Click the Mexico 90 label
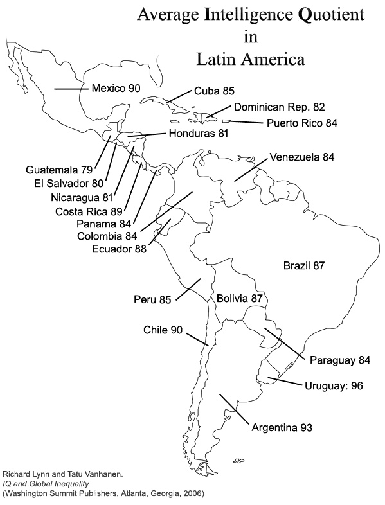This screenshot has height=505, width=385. (x=116, y=88)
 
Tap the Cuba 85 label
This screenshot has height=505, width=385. (x=214, y=91)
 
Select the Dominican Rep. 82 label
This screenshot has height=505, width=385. (x=280, y=107)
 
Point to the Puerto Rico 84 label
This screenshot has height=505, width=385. (x=302, y=123)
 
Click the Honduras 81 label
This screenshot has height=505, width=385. (x=199, y=133)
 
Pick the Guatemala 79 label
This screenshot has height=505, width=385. (x=59, y=170)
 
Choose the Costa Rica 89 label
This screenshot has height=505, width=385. (x=89, y=211)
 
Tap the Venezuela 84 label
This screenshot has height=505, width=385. (x=302, y=157)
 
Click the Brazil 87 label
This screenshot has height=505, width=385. (x=304, y=266)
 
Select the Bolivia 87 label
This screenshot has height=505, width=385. (x=239, y=298)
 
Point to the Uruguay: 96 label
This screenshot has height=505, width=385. (x=334, y=385)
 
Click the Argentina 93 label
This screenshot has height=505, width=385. (x=282, y=427)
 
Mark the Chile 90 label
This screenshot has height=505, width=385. (x=163, y=330)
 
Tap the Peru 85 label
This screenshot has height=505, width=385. (x=152, y=299)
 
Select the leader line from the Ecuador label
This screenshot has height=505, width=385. (x=159, y=231)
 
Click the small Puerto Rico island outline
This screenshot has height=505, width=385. (x=226, y=121)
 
